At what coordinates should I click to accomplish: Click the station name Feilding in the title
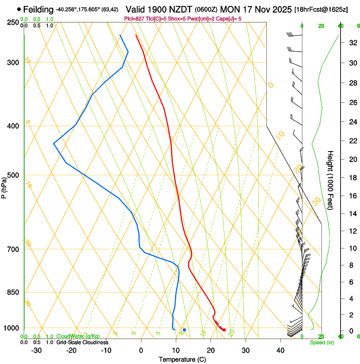39,9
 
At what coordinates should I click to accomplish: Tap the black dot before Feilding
19,9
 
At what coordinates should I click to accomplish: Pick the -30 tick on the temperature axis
36,350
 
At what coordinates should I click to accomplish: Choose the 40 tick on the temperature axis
280,350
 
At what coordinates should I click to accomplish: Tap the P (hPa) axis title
4,187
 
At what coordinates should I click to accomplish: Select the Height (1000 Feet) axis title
330,180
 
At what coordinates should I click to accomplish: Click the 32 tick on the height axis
352,43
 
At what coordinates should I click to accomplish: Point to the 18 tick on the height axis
352,178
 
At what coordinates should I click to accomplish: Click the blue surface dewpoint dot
184,330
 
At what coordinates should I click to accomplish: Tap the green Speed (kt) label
321,342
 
